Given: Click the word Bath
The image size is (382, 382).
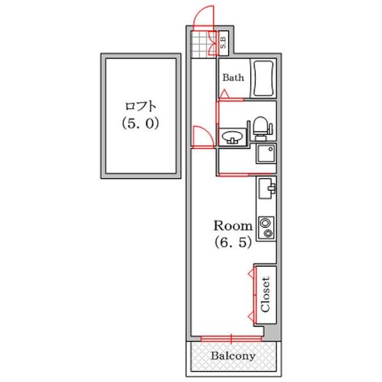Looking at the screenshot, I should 233,78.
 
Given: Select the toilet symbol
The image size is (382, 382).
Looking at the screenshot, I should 259,127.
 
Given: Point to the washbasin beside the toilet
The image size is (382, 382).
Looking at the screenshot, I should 232,136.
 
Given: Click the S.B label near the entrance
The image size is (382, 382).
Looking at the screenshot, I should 223,43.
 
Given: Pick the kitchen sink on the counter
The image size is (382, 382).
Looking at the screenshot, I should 266,188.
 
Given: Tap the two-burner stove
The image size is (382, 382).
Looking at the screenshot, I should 265,228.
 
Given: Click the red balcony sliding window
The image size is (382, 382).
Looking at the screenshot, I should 231,337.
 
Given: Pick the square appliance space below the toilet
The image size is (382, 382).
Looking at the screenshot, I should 265,154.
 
